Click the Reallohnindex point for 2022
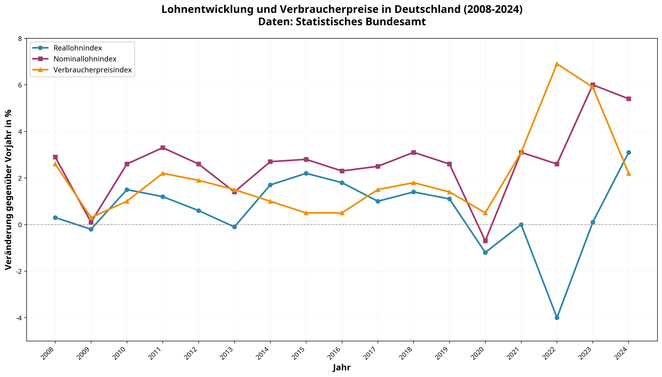coord(557,318)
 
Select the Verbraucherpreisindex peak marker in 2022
coord(557,64)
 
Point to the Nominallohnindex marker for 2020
coord(485,241)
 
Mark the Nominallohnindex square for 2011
coord(163,148)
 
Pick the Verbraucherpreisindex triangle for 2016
coord(342,213)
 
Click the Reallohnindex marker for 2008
coord(55,218)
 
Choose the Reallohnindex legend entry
coord(78,48)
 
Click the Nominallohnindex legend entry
coord(85,59)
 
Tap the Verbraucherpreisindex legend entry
coord(92,70)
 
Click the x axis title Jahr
coord(342,368)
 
